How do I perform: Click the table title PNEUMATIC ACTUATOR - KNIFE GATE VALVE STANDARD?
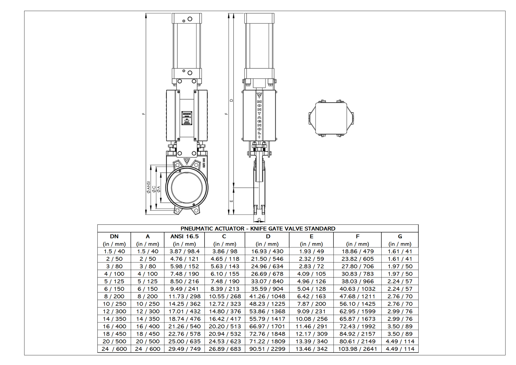coord(258,229)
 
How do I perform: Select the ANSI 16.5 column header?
coord(184,236)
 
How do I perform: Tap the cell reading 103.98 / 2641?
coord(357,349)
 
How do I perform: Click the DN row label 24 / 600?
coord(114,349)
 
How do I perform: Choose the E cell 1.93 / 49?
coord(311,251)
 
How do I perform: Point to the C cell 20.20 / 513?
coord(225,326)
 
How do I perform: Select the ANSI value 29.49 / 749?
coord(184,349)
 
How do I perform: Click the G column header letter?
coord(400,236)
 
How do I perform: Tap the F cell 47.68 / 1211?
coord(357,296)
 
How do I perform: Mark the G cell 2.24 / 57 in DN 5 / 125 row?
coord(400,281)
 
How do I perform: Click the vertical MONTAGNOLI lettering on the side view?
coord(259,118)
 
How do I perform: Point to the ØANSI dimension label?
coord(148,187)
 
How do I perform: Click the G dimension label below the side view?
coord(259,220)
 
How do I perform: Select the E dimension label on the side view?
coord(231,201)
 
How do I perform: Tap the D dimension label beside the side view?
coord(231,100)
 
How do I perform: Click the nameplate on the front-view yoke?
coord(187,118)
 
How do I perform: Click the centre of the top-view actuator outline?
coord(331,118)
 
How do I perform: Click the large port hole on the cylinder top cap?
coord(190,19)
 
